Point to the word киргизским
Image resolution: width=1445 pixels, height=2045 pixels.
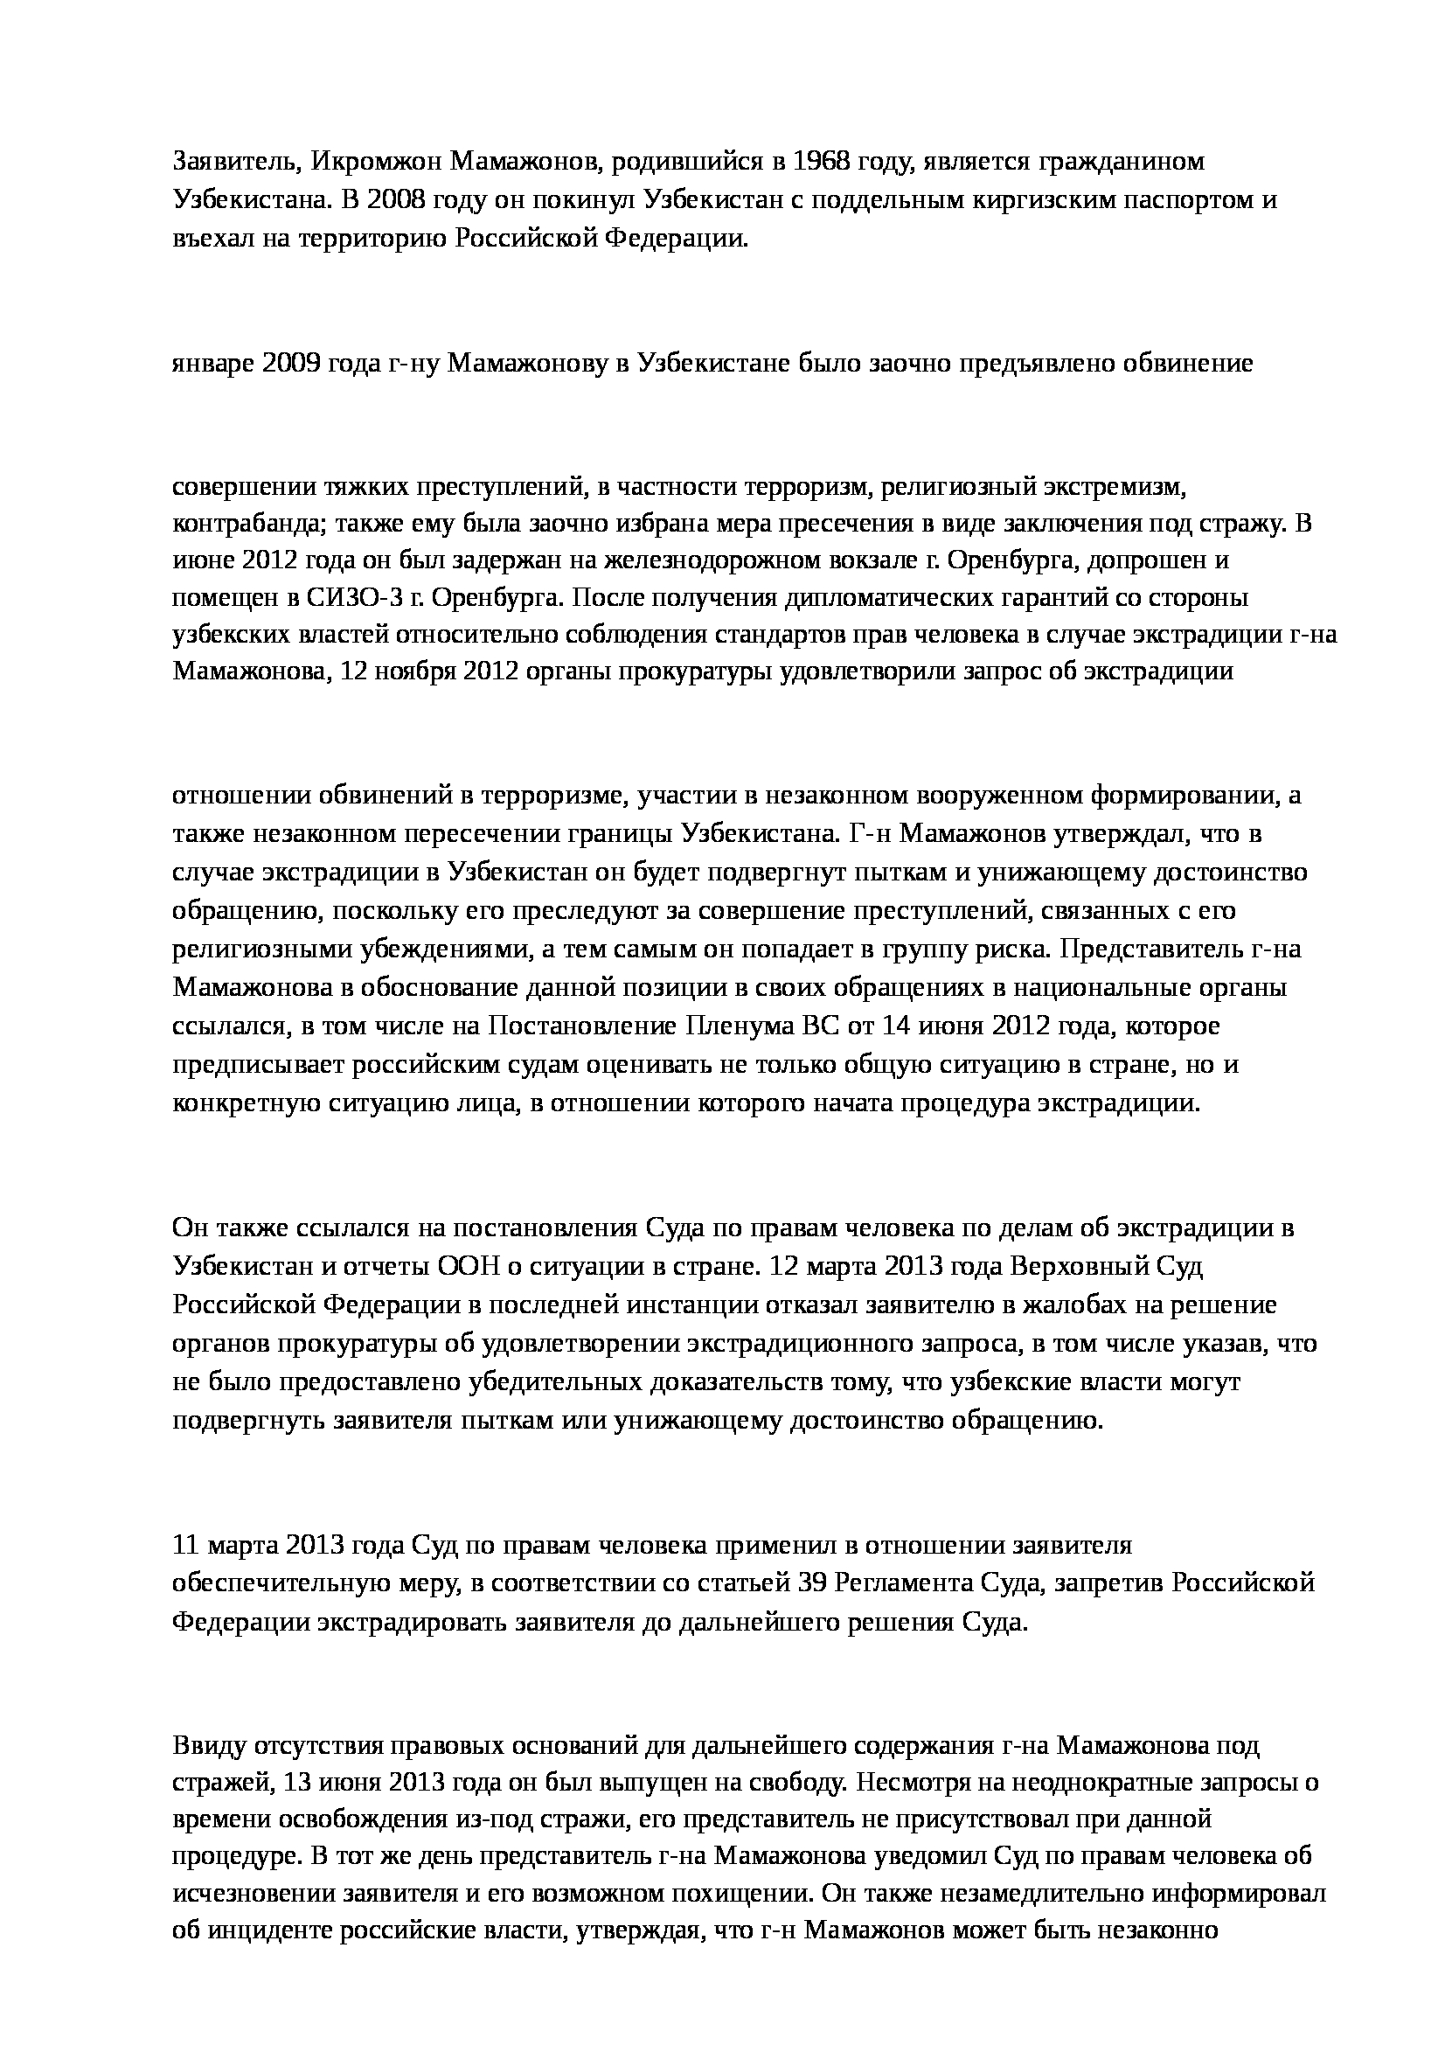tap(1032, 199)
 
